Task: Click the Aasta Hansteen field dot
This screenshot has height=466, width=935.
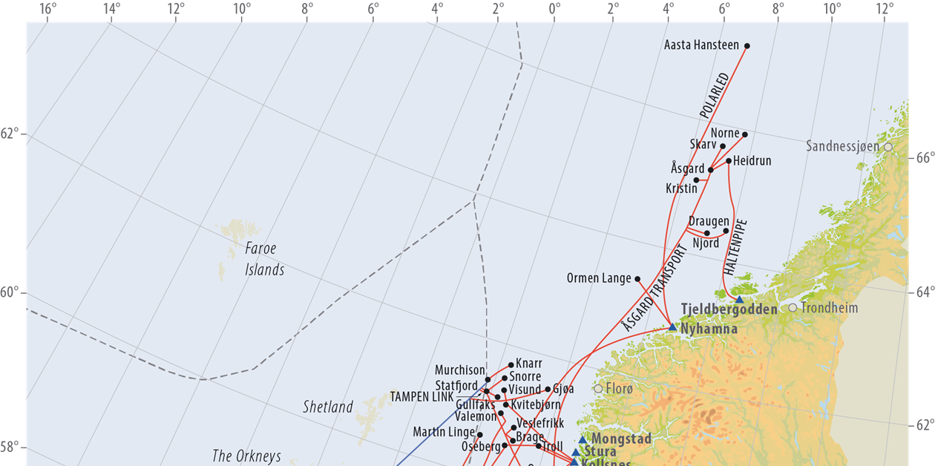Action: point(747,46)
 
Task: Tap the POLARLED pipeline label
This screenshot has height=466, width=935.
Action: point(715,96)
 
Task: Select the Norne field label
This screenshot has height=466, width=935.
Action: point(725,134)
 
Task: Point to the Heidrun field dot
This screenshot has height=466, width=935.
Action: point(729,161)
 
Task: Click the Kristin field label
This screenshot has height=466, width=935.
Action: point(681,188)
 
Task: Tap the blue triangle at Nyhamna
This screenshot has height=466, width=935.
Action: point(672,326)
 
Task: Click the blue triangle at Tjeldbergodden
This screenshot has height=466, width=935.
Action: point(739,300)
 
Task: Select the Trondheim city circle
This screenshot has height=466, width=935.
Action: point(793,308)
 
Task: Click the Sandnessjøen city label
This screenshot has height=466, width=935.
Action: point(842,147)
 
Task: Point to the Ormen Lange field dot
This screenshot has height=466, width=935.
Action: point(637,279)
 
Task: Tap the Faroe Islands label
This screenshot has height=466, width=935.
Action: point(264,259)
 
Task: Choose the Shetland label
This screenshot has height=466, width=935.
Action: point(328,407)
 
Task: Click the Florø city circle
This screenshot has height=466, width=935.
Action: point(598,388)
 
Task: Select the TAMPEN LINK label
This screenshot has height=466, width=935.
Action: point(421,397)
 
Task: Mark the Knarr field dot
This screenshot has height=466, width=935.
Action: point(511,365)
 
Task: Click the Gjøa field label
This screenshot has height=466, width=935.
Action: point(563,389)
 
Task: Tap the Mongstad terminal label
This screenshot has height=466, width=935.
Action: point(621,439)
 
